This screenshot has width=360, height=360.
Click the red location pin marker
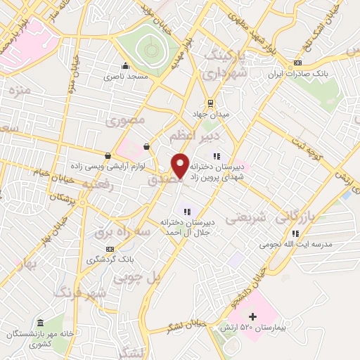(180, 165)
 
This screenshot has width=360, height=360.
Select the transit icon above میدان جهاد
(210, 103)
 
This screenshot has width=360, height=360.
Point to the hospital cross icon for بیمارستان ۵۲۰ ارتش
(253, 318)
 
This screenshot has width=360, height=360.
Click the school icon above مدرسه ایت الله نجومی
(296, 233)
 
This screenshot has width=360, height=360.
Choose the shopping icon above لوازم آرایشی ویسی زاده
(108, 155)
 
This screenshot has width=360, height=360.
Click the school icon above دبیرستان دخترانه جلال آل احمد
(187, 211)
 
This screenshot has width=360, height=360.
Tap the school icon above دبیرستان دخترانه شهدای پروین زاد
(217, 156)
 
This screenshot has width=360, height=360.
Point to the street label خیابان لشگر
(186, 326)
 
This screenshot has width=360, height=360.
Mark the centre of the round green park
(149, 49)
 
